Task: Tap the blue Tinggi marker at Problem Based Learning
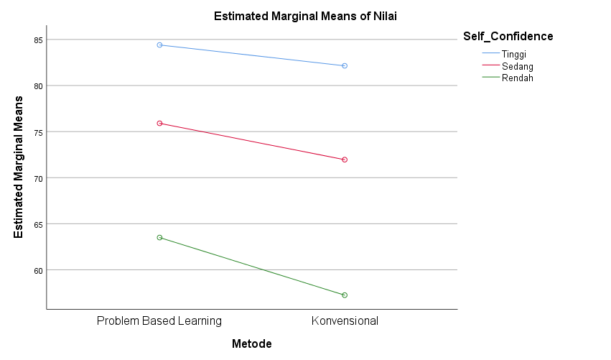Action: pos(159,45)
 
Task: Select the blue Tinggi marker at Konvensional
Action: pos(345,66)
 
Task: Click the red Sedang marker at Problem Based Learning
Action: pos(159,124)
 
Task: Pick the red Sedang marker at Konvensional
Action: pos(345,160)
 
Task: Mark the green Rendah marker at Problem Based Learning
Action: pos(159,237)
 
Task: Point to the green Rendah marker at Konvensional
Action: pos(345,295)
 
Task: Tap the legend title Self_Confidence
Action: pos(508,36)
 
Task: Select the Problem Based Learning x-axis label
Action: pos(159,320)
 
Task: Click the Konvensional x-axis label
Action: pos(345,320)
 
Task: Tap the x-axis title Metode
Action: pos(251,344)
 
